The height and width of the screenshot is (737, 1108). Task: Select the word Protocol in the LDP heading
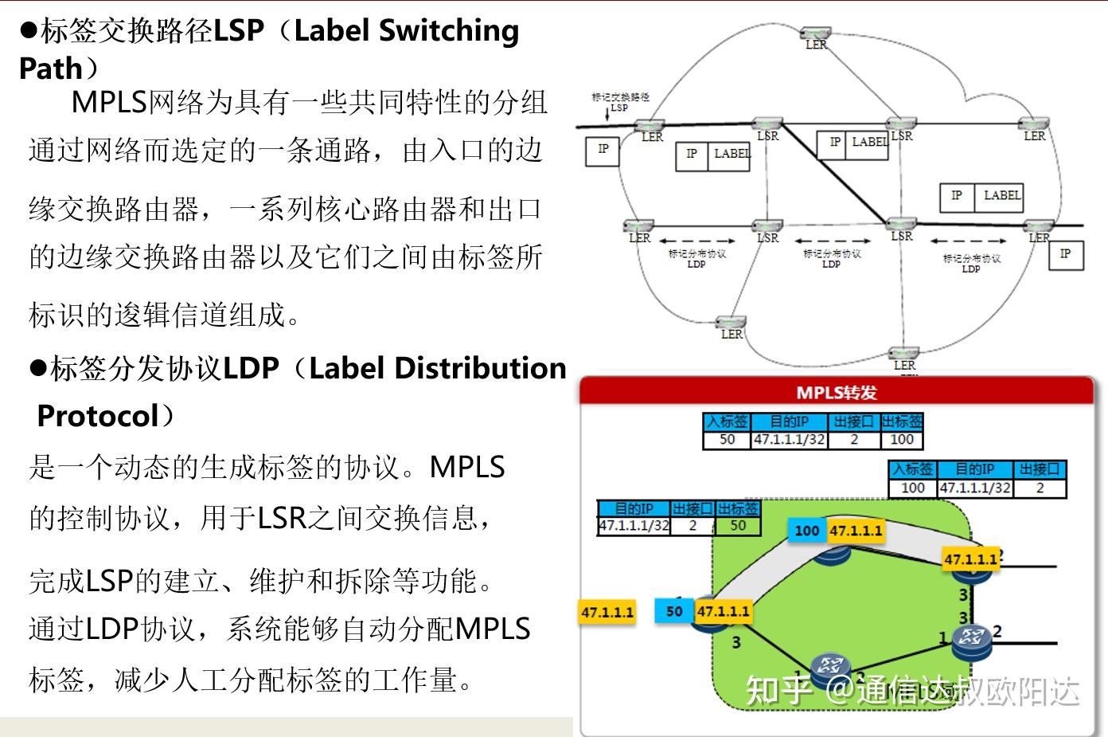pos(98,416)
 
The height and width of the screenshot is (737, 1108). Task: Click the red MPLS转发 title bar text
pos(836,392)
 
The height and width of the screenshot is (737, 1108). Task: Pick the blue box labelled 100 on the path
pos(806,531)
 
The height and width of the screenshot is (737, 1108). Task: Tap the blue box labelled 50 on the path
pos(674,611)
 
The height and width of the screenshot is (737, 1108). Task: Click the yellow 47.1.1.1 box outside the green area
pos(608,612)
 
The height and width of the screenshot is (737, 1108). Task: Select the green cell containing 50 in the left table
pos(738,525)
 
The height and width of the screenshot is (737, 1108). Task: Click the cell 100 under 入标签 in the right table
pos(912,488)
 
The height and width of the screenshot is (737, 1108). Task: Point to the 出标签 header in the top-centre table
pos(901,421)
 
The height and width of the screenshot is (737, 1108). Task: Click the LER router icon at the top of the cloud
pos(816,33)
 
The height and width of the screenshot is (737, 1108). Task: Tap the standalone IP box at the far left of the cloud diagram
pos(603,150)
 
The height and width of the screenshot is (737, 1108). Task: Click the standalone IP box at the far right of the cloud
pos(1064,254)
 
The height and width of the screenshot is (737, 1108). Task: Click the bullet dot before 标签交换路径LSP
pos(29,30)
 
